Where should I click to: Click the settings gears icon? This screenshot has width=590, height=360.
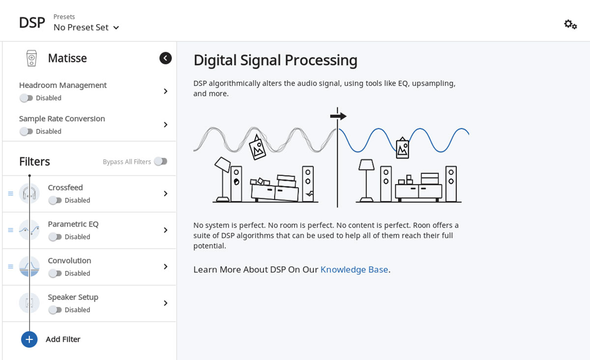[570, 24]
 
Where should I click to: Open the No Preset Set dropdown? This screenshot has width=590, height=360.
[87, 28]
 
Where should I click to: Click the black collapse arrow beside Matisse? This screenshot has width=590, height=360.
[166, 58]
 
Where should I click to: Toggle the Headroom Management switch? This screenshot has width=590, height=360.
[26, 98]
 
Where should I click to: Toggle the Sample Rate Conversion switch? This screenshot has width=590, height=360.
[26, 131]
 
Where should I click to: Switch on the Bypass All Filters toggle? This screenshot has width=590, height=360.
[160, 161]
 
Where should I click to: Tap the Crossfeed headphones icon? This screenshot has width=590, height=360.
[29, 193]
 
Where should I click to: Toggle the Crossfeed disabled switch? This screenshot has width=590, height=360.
[55, 200]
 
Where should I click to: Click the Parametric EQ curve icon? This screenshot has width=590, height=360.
[29, 230]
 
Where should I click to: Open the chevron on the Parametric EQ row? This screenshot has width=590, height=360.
[166, 230]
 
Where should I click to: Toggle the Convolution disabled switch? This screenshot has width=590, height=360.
[55, 273]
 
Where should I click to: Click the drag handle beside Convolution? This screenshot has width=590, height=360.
[10, 267]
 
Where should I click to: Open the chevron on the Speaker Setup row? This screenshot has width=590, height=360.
[166, 303]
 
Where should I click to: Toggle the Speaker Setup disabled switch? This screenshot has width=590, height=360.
[55, 310]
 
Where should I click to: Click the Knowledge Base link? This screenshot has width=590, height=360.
[354, 270]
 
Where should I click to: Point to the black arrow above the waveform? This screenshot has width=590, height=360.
[338, 116]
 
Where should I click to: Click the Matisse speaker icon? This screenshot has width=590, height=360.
[31, 58]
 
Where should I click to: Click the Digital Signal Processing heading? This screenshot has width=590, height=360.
[275, 60]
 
